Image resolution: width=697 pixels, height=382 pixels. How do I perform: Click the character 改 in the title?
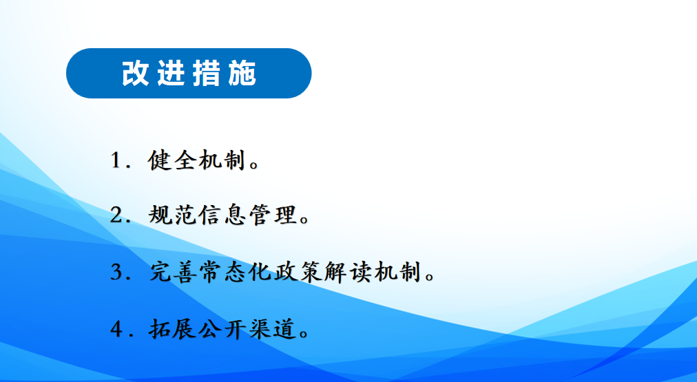coord(135,73)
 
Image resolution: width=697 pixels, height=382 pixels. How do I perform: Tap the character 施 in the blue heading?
coord(242,73)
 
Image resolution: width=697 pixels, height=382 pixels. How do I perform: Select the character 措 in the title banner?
coord(207,73)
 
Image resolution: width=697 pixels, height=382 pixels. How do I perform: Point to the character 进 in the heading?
coord(171,73)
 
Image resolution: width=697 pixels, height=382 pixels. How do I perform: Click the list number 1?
coord(116,160)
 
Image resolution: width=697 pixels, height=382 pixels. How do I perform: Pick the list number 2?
coord(116,215)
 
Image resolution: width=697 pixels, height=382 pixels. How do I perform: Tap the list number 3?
coord(116,271)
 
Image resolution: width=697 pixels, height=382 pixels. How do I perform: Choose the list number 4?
coord(116,329)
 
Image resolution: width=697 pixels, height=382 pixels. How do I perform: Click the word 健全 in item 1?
coord(171,160)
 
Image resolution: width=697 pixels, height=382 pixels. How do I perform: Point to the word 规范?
coord(171,215)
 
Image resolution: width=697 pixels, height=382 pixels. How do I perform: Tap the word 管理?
coord(272,215)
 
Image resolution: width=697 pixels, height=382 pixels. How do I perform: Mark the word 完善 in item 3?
coord(174,272)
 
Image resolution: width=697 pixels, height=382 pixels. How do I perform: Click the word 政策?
coord(298,272)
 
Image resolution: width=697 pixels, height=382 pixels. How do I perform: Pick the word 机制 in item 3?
coord(397,272)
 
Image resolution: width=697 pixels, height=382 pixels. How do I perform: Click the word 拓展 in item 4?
coord(172,329)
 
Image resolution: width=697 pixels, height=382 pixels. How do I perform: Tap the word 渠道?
coord(272,329)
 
